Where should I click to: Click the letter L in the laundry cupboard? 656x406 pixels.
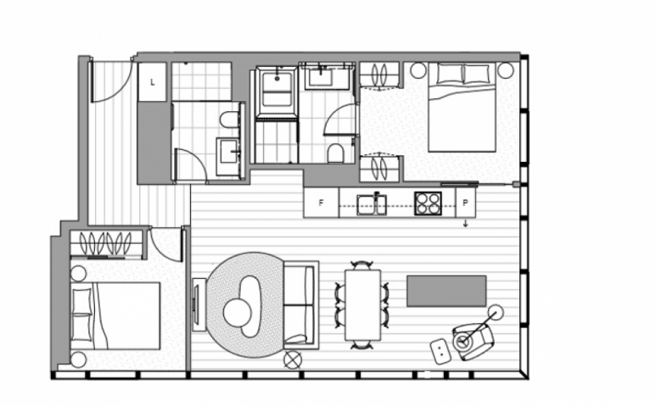pos(152,82)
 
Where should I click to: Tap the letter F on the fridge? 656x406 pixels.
pos(321,203)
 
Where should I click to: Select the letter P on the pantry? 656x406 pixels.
pos(465,203)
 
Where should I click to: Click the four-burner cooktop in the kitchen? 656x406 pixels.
pos(428,203)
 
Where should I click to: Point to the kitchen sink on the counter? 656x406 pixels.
pos(372,204)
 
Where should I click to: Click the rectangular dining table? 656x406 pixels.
pos(362,305)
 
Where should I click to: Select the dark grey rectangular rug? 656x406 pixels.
pos(446,291)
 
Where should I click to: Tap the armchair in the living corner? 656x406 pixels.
pos(473,342)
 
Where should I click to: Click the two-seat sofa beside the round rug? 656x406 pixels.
pos(300,305)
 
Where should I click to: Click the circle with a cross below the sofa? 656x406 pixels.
pos(293,359)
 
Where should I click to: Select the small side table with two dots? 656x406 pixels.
pos(440,351)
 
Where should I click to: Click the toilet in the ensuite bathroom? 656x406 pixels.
pos(335,153)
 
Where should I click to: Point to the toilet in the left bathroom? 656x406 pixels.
pos(229,120)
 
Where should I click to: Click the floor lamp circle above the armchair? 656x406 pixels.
pos(496,313)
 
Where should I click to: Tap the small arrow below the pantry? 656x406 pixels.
pos(466,225)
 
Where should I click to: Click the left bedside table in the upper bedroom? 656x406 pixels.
pos(418,70)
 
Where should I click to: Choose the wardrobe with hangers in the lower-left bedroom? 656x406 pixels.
pos(106,243)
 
